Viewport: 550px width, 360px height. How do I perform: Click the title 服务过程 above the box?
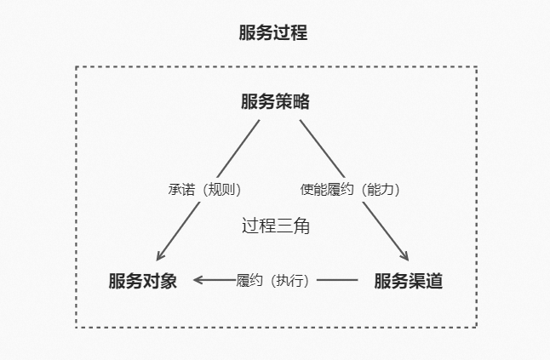click(x=273, y=34)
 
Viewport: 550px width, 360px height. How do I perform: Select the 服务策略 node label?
click(x=275, y=102)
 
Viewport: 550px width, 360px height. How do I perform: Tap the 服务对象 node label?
click(x=142, y=281)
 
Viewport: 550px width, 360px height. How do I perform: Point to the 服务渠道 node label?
click(x=409, y=281)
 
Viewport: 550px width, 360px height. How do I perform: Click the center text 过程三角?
click(x=275, y=226)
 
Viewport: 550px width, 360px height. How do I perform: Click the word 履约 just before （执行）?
click(x=249, y=280)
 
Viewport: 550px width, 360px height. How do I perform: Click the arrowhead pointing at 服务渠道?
click(x=404, y=255)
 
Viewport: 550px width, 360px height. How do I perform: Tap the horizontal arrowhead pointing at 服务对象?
click(x=198, y=280)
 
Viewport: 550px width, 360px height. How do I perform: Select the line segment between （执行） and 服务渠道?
click(x=337, y=280)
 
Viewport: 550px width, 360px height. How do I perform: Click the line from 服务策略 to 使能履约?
click(x=321, y=147)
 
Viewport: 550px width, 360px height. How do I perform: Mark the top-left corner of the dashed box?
click(x=77, y=67)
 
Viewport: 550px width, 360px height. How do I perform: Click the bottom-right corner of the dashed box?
click(x=476, y=327)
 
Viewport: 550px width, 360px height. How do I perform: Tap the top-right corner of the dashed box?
click(x=476, y=67)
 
